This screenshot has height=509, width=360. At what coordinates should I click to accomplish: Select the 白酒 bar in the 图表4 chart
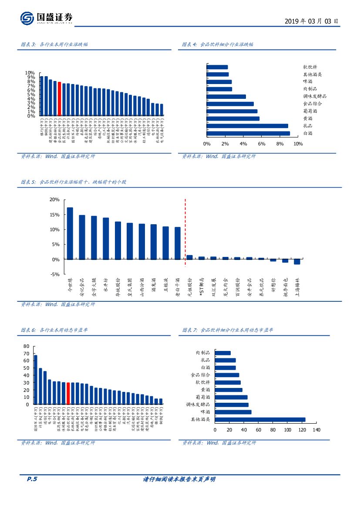[248, 133]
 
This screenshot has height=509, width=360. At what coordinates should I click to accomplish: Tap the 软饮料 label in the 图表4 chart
[313, 67]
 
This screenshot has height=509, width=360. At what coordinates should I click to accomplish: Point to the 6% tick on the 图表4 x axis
[262, 144]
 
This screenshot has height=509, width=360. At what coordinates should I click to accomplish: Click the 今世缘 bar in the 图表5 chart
[70, 233]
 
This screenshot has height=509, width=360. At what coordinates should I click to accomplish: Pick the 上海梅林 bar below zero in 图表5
[297, 262]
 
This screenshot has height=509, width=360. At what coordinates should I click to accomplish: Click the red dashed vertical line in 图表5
[185, 231]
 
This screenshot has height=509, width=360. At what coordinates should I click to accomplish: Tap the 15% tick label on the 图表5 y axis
[54, 215]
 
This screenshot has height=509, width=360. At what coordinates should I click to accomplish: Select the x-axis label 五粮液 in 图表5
[166, 287]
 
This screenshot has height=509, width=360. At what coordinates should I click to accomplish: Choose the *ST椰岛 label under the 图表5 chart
[201, 289]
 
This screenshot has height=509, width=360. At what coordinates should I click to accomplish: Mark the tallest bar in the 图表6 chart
[36, 380]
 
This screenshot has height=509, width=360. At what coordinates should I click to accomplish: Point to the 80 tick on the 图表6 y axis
[26, 346]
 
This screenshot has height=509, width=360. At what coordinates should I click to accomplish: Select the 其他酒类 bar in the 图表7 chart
[260, 420]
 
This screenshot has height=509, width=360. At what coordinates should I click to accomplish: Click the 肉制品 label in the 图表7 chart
[203, 353]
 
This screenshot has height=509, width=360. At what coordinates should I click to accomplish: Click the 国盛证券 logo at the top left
[47, 18]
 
